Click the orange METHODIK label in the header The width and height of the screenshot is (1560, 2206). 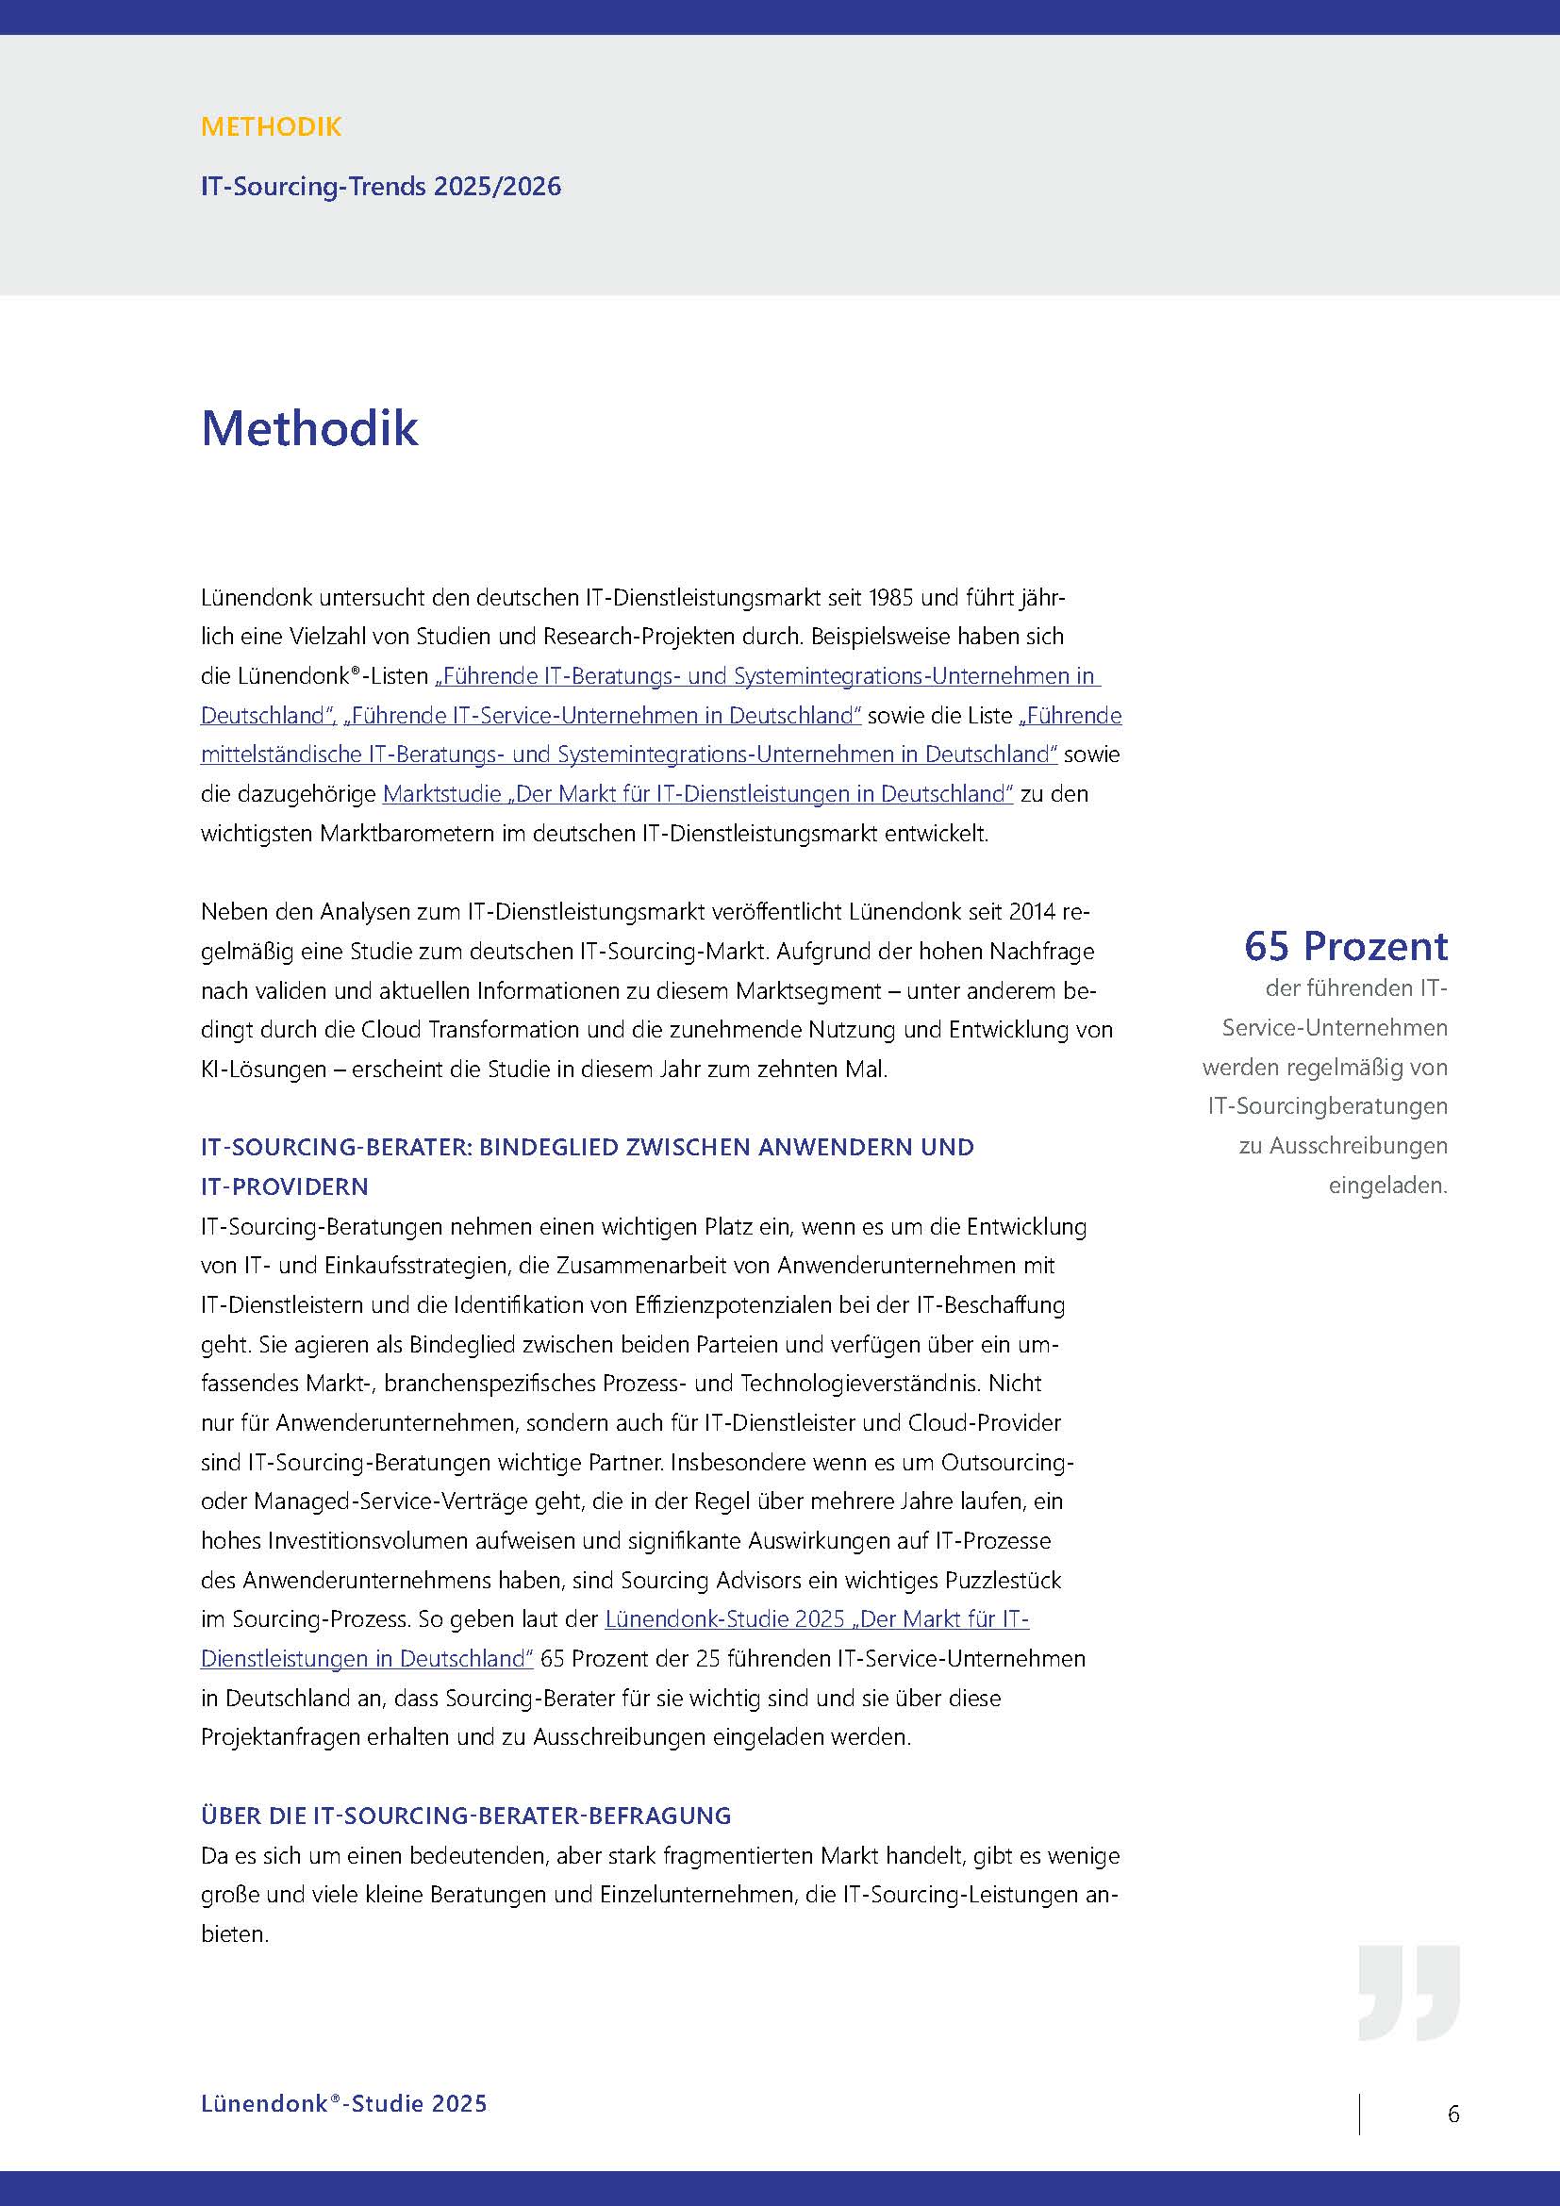tap(271, 126)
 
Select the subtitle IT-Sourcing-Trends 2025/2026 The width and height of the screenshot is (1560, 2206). tap(380, 187)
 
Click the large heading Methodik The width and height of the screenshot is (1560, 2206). tap(309, 428)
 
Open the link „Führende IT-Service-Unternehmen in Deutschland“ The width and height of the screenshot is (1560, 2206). tap(603, 716)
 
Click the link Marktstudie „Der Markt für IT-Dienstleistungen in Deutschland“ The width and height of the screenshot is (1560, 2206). tap(697, 794)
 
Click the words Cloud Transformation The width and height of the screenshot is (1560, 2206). tap(471, 1030)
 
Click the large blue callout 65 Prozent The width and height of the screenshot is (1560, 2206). tap(1345, 947)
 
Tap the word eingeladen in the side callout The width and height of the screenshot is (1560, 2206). tap(1387, 1186)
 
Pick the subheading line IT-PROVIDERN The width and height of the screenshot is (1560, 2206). tap(284, 1187)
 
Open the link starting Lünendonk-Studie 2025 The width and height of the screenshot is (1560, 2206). tap(817, 1620)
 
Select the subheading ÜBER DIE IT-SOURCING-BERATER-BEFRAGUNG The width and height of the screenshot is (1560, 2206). tap(466, 1816)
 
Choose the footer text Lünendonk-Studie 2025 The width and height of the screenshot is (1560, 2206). tap(344, 2104)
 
